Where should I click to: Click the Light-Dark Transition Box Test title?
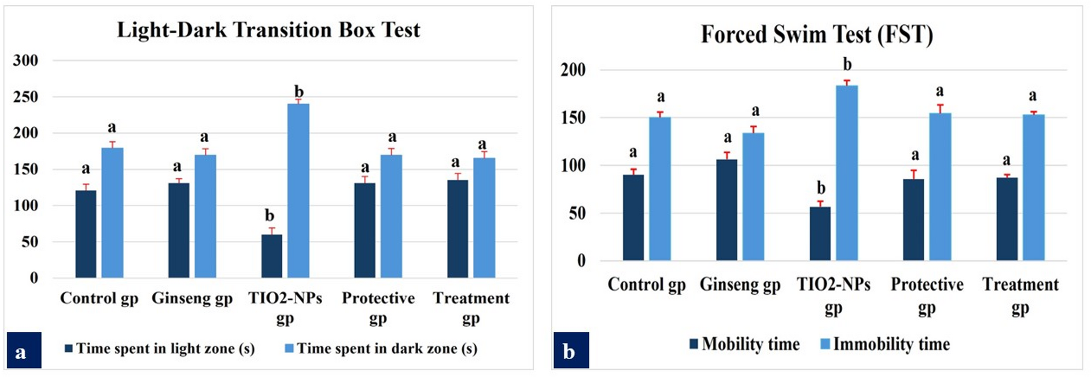(x=268, y=30)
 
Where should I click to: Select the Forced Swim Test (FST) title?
(x=817, y=35)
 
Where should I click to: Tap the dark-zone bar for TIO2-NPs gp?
(x=298, y=191)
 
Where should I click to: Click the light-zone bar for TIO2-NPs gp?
(x=272, y=256)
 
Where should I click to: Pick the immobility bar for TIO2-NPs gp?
(x=847, y=173)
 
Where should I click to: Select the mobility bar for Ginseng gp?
(x=726, y=210)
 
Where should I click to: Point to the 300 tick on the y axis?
(x=25, y=60)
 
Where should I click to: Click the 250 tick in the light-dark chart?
(x=25, y=97)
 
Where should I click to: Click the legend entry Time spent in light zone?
(x=160, y=348)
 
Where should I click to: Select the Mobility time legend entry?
(x=744, y=344)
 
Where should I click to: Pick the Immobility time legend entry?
(x=885, y=344)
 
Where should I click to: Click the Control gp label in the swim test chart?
(x=646, y=285)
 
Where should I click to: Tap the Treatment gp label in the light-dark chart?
(x=471, y=308)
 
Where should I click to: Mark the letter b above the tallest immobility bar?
(x=847, y=65)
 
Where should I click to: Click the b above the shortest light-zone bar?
(x=270, y=216)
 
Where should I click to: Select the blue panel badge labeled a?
(x=23, y=350)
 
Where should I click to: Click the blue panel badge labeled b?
(x=570, y=350)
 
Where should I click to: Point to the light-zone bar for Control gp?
(x=86, y=234)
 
